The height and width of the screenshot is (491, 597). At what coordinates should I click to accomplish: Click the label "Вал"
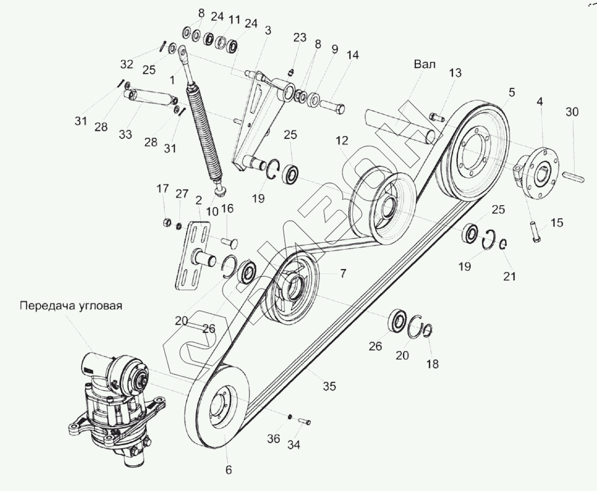(x=424, y=64)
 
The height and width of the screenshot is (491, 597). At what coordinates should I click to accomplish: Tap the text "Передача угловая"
(x=71, y=305)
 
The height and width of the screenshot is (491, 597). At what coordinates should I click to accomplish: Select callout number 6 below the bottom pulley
(x=228, y=470)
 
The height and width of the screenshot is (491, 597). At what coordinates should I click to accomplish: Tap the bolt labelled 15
(x=536, y=231)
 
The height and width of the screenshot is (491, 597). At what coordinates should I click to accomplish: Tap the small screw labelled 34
(x=305, y=421)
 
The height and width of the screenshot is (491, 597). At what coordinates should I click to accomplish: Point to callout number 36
(x=273, y=439)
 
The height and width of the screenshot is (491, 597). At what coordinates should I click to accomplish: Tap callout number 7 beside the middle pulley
(x=343, y=273)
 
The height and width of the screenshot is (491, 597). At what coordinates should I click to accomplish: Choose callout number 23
(x=300, y=38)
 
